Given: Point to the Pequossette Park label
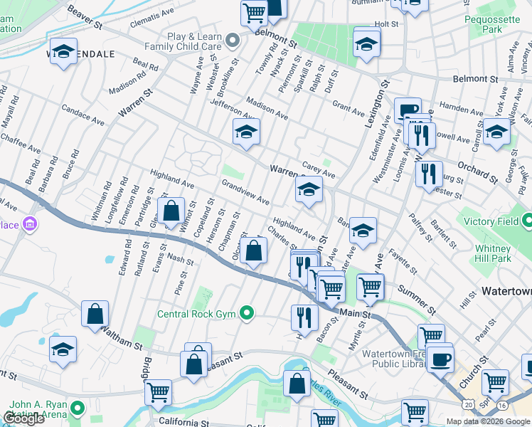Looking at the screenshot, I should point(494,25).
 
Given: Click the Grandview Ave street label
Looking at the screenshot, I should point(245,191).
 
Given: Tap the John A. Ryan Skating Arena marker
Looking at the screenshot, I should point(76,408).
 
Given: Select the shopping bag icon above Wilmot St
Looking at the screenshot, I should point(171,211).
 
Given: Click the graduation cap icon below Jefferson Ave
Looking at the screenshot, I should point(246,132).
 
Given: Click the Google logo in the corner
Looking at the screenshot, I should point(24,418).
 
